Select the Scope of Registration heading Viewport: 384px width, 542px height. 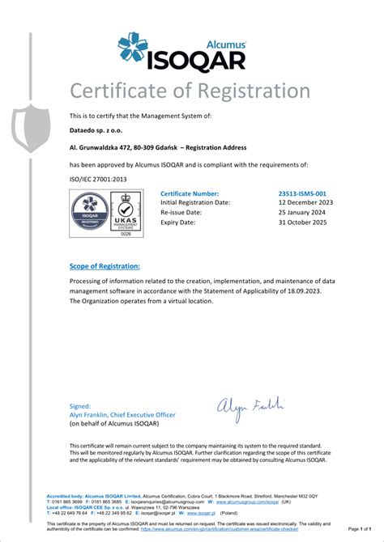tap(105, 266)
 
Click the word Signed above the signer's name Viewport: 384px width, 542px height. tap(79, 407)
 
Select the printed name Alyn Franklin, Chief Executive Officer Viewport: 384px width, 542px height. tap(122, 415)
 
